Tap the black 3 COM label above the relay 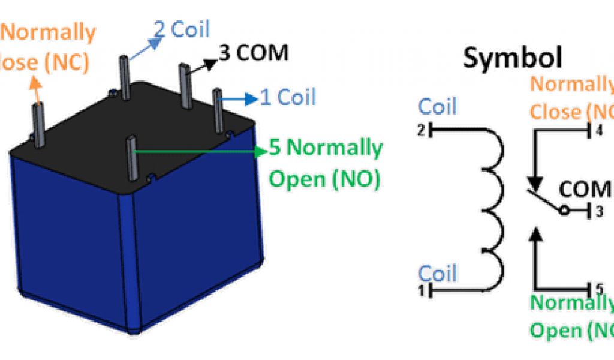coord(254,53)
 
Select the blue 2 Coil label coord(182,30)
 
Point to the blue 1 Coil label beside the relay coord(287,97)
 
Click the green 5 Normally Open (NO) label coord(326,163)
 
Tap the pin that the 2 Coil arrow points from coord(124,78)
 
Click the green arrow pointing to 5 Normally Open coord(198,152)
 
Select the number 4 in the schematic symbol coord(598,131)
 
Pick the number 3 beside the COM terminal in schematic coord(598,211)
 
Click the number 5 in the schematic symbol coord(598,287)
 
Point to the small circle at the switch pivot coord(564,211)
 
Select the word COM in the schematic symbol coord(584,190)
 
